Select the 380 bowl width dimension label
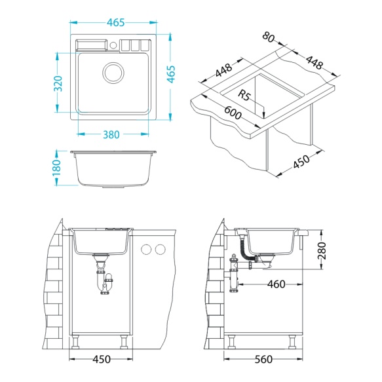(111, 135)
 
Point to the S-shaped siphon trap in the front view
(105, 283)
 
